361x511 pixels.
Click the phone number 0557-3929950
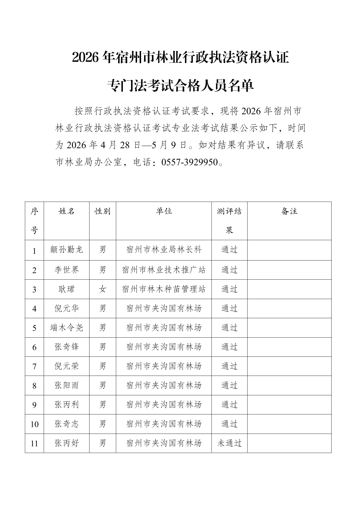[x=190, y=162]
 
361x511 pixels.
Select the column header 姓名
[x=66, y=211]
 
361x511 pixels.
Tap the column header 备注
[x=289, y=211]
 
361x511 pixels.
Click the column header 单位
[x=164, y=211]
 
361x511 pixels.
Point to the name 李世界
[x=66, y=270]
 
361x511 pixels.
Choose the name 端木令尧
[x=66, y=328]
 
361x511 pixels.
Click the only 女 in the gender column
[x=103, y=289]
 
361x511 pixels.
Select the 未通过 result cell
[x=229, y=443]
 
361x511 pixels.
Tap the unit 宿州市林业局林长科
[x=164, y=250]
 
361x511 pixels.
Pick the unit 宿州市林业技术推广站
[x=164, y=270]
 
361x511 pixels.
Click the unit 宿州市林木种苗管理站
[x=164, y=289]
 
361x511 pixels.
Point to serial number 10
[x=34, y=424]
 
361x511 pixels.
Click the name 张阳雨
[x=66, y=386]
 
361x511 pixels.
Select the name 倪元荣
[x=66, y=366]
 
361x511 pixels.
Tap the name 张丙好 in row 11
[x=66, y=443]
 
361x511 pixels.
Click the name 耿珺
[x=66, y=289]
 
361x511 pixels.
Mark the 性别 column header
[x=103, y=211]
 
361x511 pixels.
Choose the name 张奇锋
[x=66, y=347]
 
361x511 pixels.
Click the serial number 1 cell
[x=34, y=251]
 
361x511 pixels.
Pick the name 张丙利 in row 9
[x=66, y=405]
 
